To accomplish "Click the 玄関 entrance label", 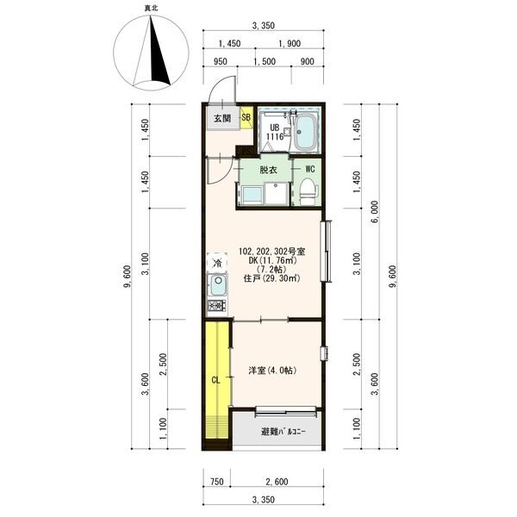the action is point(222,118).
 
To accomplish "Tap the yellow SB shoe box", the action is point(246,118).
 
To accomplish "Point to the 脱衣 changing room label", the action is point(268,170).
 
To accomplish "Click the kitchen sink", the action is point(217,285).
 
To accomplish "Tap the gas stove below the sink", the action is point(217,307).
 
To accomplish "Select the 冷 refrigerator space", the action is point(217,263).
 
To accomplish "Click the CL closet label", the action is point(215,381).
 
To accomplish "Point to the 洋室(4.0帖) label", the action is point(272,371).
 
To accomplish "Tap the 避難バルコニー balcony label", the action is point(283,432).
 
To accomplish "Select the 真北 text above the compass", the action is point(151,8).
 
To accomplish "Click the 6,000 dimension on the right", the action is point(375,212).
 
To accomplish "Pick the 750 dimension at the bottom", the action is point(217,482).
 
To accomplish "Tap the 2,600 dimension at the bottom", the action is point(277,482).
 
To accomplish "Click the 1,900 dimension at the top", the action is point(290,44).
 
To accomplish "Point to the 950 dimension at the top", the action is point(221,61).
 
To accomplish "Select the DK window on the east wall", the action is point(327,252).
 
